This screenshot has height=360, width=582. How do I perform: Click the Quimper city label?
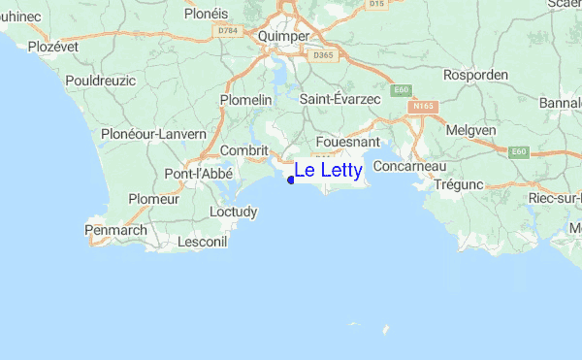pyautogui.click(x=284, y=36)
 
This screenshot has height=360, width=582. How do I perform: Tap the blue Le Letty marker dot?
pyautogui.click(x=291, y=179)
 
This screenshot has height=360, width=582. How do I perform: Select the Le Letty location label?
pyautogui.click(x=328, y=172)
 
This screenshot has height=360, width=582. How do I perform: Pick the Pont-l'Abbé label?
pyautogui.click(x=196, y=174)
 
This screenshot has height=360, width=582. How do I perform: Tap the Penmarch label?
pyautogui.click(x=115, y=231)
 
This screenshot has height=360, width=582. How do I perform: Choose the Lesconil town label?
pyautogui.click(x=203, y=240)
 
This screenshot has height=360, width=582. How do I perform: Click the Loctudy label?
pyautogui.click(x=234, y=211)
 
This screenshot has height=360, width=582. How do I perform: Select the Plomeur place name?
pyautogui.click(x=154, y=199)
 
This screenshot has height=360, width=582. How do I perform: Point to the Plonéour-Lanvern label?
pyautogui.click(x=153, y=133)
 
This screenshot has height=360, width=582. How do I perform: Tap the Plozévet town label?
pyautogui.click(x=52, y=46)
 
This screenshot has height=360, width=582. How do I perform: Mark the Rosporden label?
pyautogui.click(x=474, y=75)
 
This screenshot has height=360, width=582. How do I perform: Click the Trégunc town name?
pyautogui.click(x=459, y=183)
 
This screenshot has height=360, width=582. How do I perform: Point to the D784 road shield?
pyautogui.click(x=228, y=31)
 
